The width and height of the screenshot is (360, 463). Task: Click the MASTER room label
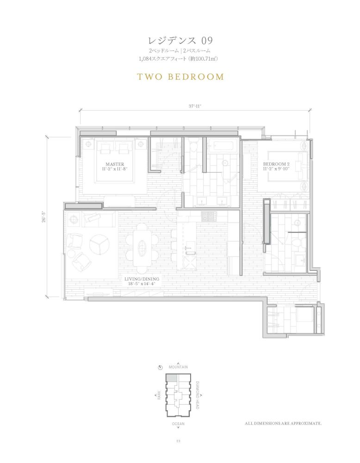coord(115,164)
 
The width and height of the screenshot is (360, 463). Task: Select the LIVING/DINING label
coord(142,279)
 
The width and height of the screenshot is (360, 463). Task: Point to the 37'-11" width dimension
coord(195,106)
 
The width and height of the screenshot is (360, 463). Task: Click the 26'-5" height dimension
coord(44,216)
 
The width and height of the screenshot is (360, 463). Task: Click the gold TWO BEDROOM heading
coord(180,77)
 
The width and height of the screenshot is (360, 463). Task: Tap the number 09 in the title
coord(207,40)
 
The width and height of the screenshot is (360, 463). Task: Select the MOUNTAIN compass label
coord(178,367)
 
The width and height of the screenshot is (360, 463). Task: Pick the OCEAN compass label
coord(178,424)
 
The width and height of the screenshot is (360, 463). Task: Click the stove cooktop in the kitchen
coord(209,216)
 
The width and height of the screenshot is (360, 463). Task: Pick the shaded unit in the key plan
coord(171,378)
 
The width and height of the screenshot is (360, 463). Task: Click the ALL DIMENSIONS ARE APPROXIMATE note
coord(283,424)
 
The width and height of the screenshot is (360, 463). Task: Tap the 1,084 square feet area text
coord(178,59)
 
